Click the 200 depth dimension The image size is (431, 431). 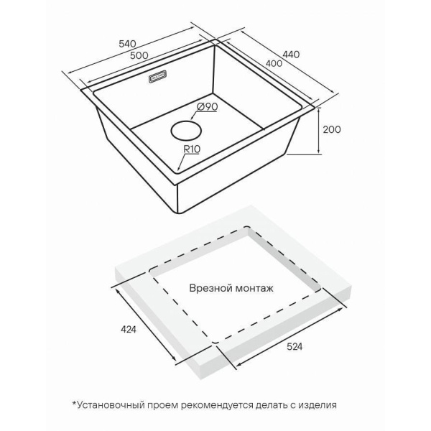coord(331,130)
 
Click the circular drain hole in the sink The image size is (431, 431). coord(186,131)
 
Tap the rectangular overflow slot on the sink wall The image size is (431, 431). coord(158,78)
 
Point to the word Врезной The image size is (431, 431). coord(210,288)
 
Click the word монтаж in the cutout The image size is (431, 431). coord(254,288)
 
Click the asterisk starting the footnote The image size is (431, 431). coord(74,403)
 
